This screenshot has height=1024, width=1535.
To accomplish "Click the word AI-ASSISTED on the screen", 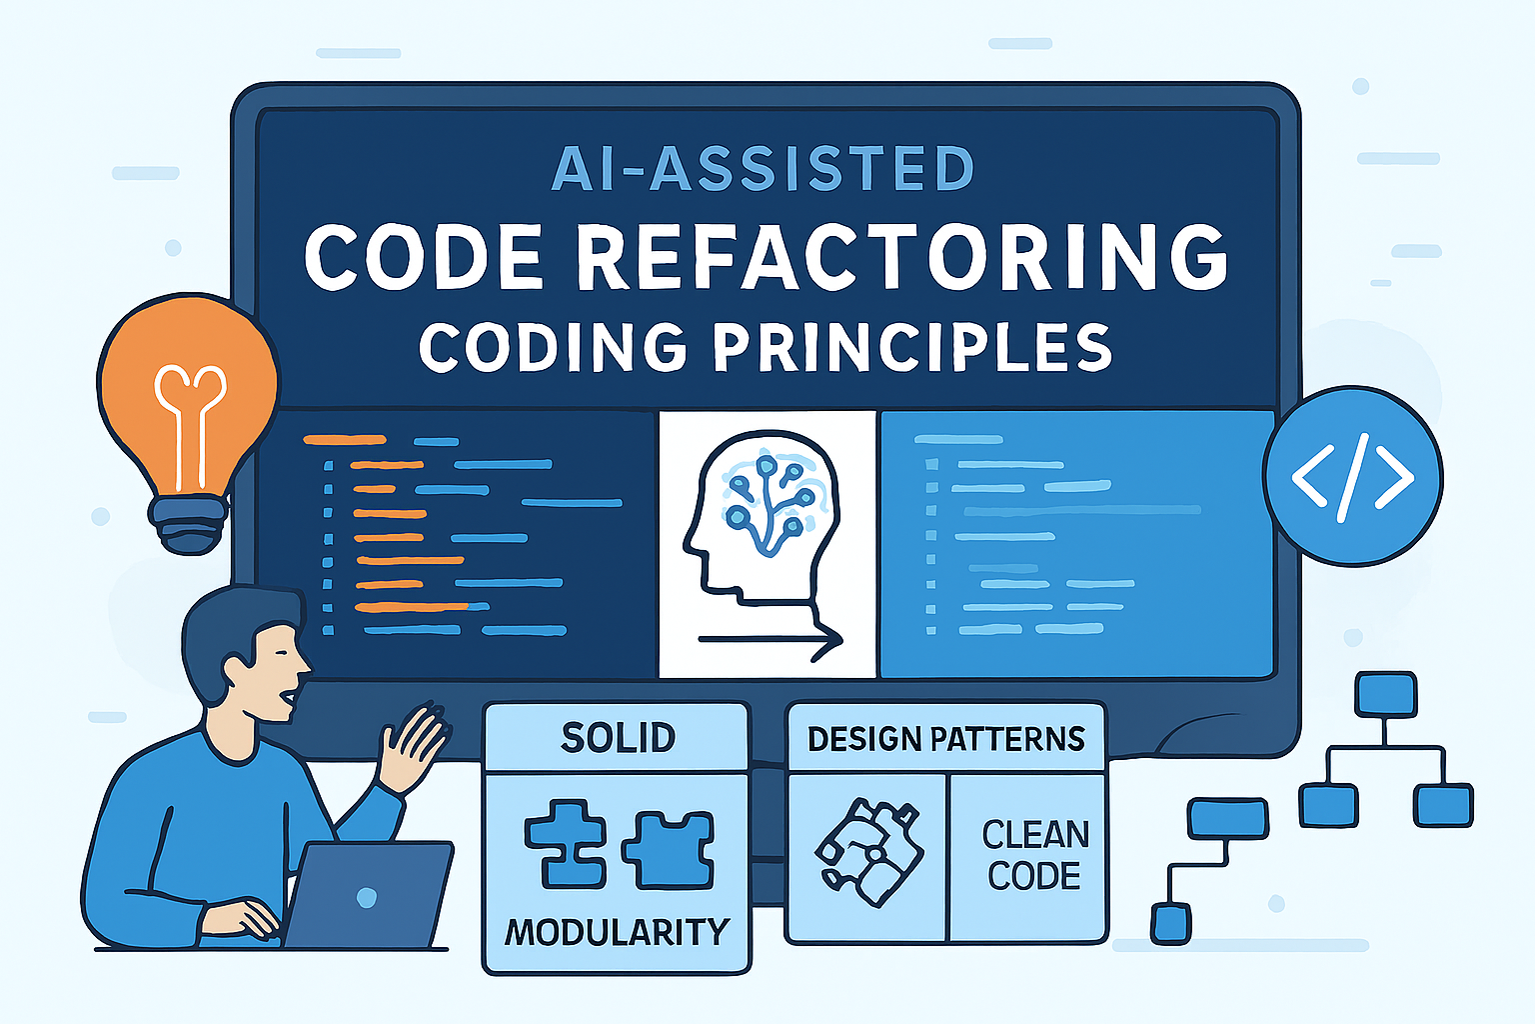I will [763, 168].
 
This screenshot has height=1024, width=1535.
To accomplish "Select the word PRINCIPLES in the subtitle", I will [911, 347].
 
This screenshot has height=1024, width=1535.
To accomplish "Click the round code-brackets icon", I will [1352, 477].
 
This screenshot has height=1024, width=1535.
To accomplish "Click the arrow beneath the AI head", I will [769, 640].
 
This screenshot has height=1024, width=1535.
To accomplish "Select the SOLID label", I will [618, 738].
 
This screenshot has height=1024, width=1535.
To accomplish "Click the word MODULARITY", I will [617, 932].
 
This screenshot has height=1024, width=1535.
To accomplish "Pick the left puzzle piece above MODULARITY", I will [566, 845].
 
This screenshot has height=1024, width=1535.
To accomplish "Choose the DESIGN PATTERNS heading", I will [945, 739].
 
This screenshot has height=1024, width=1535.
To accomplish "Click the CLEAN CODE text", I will [1034, 855].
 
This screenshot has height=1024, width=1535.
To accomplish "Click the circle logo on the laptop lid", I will [367, 897].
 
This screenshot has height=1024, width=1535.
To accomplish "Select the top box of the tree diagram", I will [1385, 693].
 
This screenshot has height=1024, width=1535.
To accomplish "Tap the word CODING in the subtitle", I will [553, 347].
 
